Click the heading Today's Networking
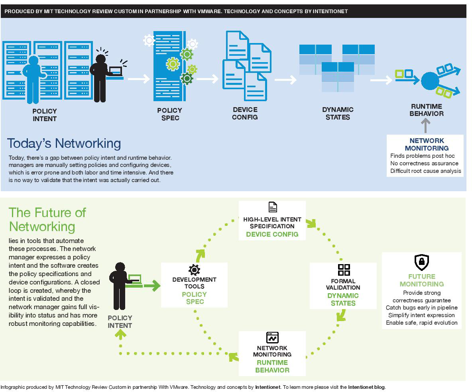point(64,143)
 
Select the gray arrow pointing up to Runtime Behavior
point(426,126)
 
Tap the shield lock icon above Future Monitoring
point(421,262)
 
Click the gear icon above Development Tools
point(194,270)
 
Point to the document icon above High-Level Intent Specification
point(272,207)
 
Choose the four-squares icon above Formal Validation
point(344,270)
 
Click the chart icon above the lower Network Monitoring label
point(272,338)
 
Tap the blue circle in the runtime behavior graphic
point(430,81)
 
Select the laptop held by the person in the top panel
point(115,72)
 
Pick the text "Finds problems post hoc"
point(422,156)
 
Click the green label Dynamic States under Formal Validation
point(343,299)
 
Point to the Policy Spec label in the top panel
point(169,114)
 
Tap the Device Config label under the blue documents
point(245,113)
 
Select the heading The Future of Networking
point(47,219)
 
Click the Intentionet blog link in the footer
point(366,387)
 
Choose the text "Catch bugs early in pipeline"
point(421,308)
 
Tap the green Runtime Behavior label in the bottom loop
point(272,366)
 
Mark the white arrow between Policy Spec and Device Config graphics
point(207,79)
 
